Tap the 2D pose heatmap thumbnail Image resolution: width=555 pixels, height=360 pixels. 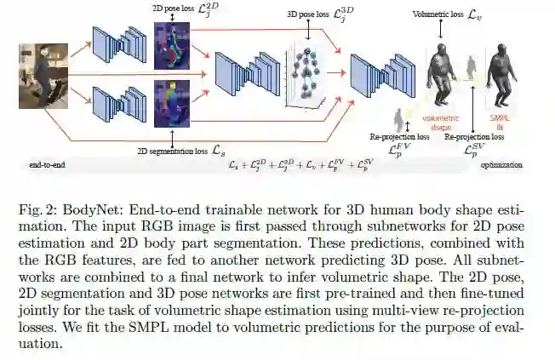[173, 44]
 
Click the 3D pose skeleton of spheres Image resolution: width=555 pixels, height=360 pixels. [306, 77]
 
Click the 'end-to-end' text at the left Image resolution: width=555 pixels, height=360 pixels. [47, 164]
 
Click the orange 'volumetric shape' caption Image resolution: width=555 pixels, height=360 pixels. [440, 123]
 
